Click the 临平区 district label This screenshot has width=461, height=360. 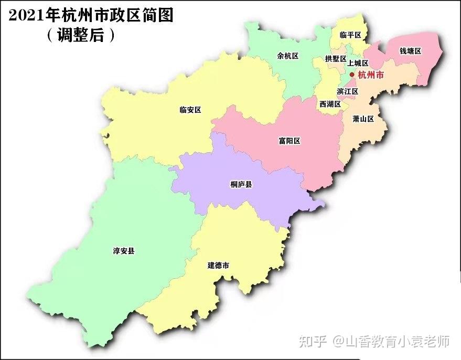350,35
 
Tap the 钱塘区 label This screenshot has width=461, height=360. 411,51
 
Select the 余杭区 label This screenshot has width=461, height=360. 287,56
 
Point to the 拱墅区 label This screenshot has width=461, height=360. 335,59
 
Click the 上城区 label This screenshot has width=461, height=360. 358,63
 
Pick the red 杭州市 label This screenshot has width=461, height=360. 371,75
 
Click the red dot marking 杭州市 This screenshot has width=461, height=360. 352,75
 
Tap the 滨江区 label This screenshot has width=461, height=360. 347,91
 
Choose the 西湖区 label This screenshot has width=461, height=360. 330,104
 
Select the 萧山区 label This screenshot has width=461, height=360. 363,119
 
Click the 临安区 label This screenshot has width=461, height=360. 190,110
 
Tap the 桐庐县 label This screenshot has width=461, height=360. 241,184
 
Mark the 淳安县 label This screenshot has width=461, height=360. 124,251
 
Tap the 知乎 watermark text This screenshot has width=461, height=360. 313,342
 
